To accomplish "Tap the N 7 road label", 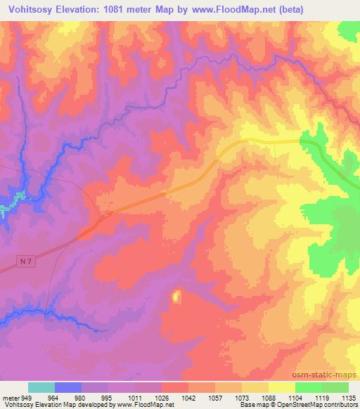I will pyautogui.click(x=26, y=261).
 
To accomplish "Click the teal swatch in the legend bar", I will pyautogui.click(x=41, y=387).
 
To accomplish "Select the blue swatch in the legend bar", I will pyautogui.click(x=68, y=387).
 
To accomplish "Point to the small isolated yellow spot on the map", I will pyautogui.click(x=176, y=297).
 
